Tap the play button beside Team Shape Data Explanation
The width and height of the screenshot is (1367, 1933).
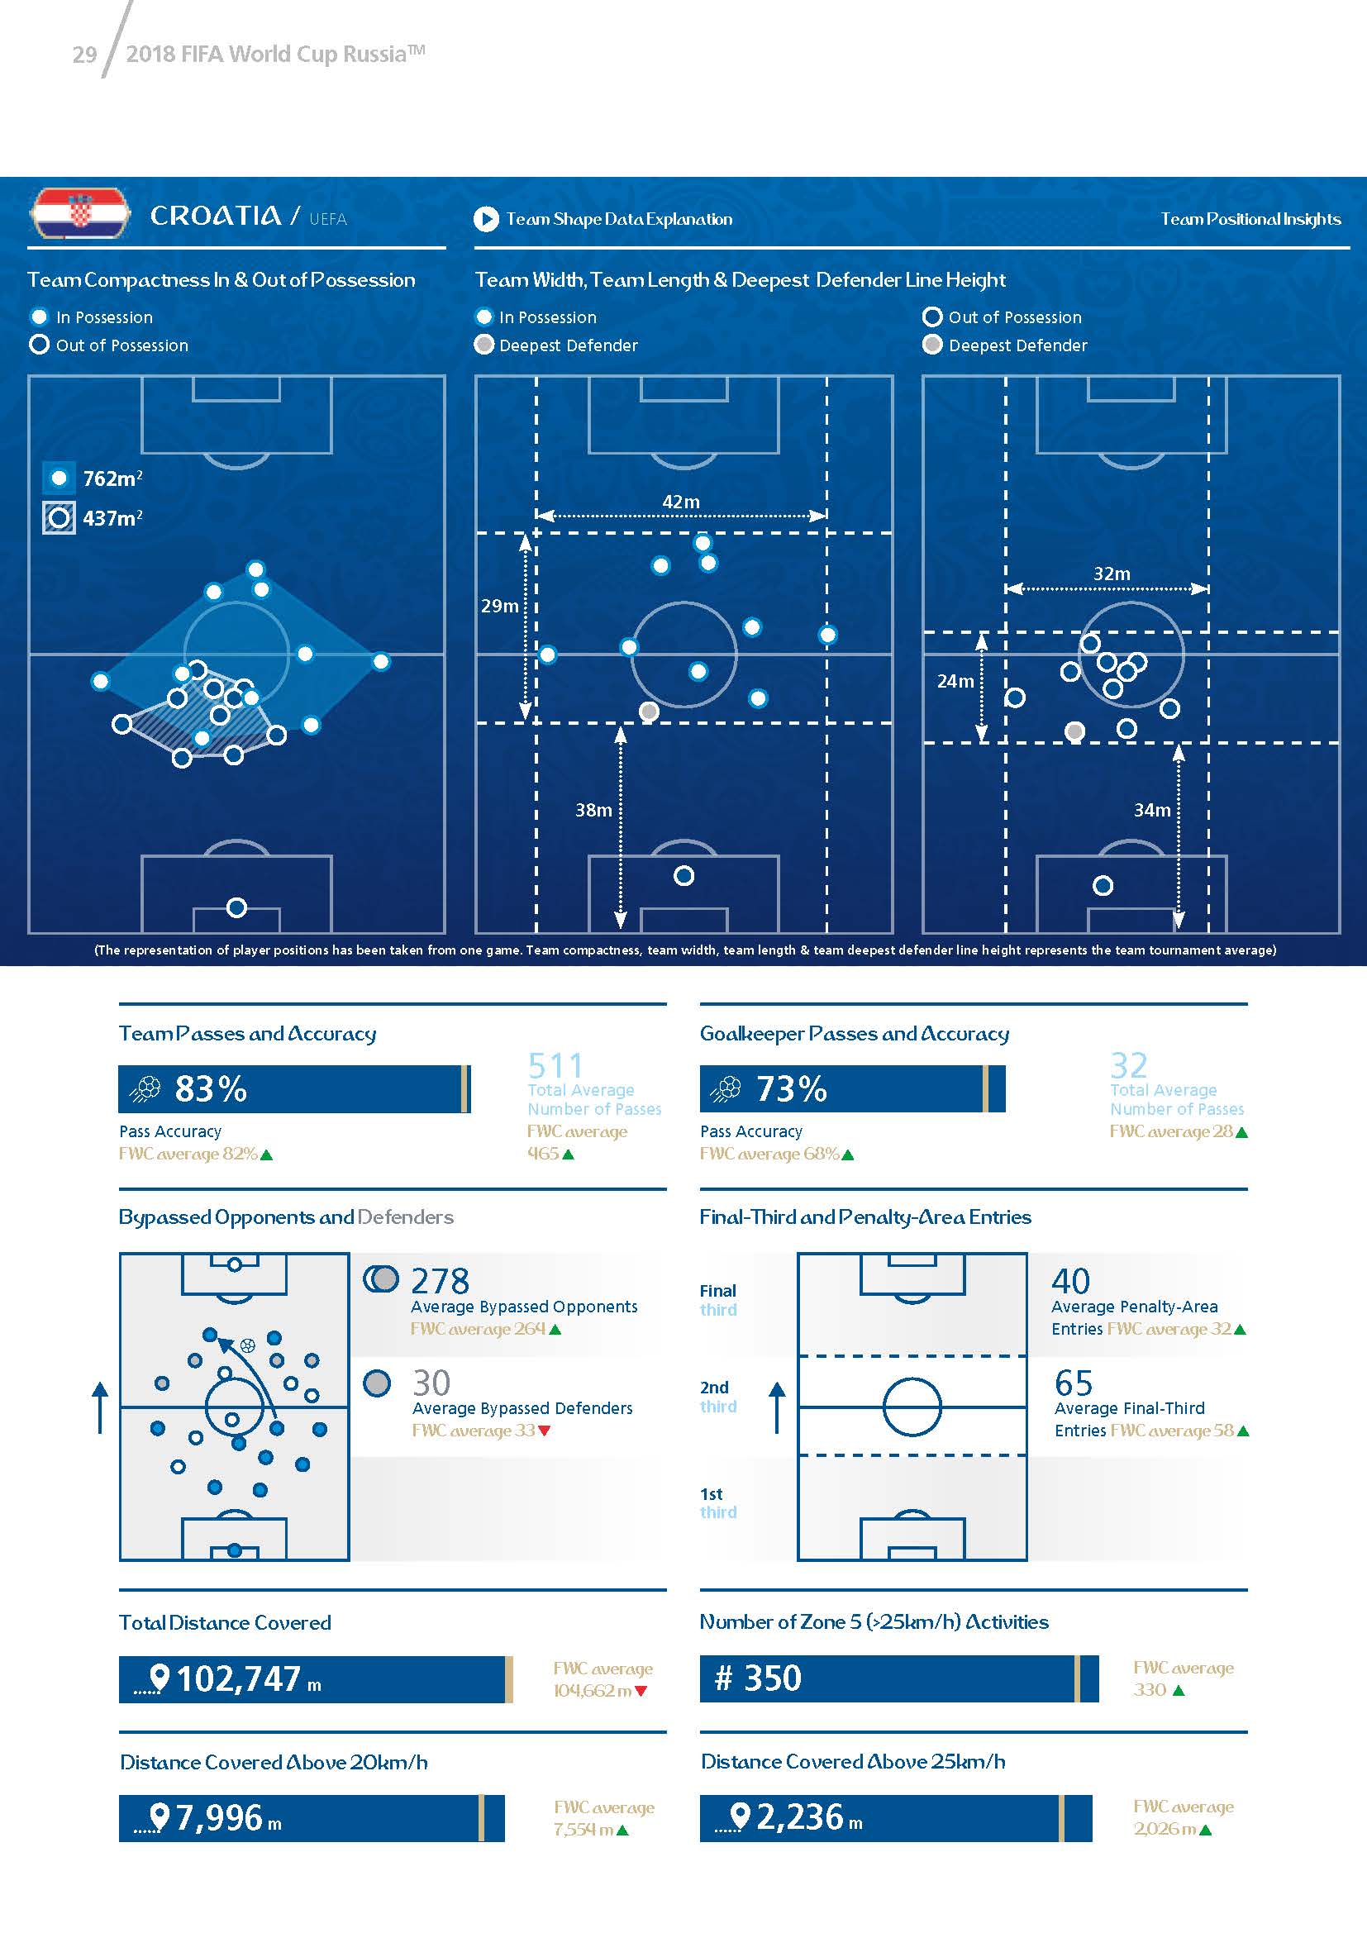pyautogui.click(x=486, y=220)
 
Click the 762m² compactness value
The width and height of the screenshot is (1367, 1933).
pyautogui.click(x=112, y=479)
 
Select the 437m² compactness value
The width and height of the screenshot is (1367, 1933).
pyautogui.click(x=112, y=519)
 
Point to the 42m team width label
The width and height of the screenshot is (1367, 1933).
pyautogui.click(x=681, y=502)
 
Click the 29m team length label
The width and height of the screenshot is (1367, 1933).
pyautogui.click(x=499, y=606)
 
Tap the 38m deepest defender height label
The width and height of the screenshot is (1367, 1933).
pyautogui.click(x=593, y=810)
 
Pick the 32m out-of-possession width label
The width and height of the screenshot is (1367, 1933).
pyautogui.click(x=1111, y=574)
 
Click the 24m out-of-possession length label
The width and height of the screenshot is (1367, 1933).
pyautogui.click(x=955, y=681)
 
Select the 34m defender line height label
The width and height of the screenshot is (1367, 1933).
pyautogui.click(x=1151, y=810)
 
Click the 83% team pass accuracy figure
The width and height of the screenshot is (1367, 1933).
pyautogui.click(x=211, y=1089)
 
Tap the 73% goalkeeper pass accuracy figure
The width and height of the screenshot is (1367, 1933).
pyautogui.click(x=791, y=1089)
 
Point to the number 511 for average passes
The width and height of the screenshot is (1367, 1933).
pyautogui.click(x=555, y=1066)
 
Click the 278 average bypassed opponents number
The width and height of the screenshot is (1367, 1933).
pyautogui.click(x=441, y=1282)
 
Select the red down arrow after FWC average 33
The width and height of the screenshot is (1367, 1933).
pyautogui.click(x=545, y=1431)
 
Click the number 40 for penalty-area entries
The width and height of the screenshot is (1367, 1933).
pyautogui.click(x=1070, y=1282)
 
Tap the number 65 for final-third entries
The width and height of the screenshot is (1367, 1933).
pyautogui.click(x=1074, y=1383)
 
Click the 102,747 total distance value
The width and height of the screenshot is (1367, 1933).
pyautogui.click(x=238, y=1679)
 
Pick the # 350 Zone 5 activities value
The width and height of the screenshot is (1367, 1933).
pyautogui.click(x=758, y=1678)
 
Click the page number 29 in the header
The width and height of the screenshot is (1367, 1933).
pyautogui.click(x=84, y=55)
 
